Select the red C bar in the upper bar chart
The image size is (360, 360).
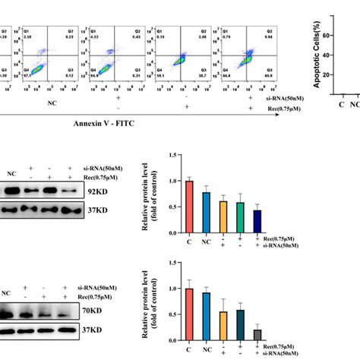click(x=189, y=210)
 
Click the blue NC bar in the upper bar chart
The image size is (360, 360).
click(x=206, y=216)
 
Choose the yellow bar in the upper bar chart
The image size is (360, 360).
click(x=223, y=219)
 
